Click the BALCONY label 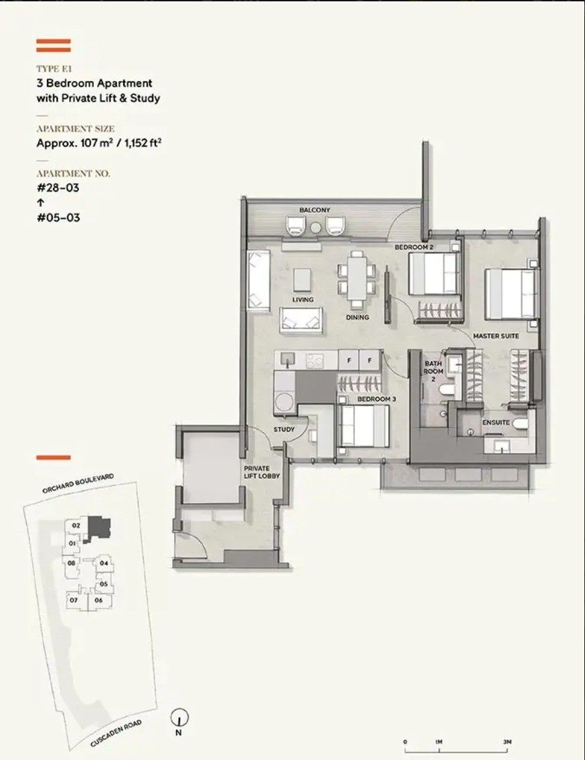coord(315,210)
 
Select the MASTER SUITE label coord(496,336)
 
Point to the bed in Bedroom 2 coord(434,274)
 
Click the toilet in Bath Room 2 coord(446,389)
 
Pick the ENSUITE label coord(496,423)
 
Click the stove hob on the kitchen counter coord(315,360)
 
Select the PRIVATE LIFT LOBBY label coord(262,472)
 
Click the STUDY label coord(284,430)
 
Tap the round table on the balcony coord(317,227)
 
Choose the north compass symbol coord(179,717)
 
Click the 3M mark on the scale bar coord(507,741)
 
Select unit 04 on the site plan coord(104,563)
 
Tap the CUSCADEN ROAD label coord(116,734)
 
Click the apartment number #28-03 coord(58,187)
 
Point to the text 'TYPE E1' coord(54,69)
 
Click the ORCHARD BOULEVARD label coord(78,483)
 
